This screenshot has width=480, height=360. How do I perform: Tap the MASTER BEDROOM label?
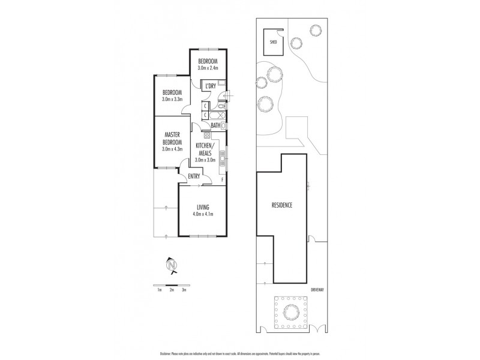click(x=172, y=139)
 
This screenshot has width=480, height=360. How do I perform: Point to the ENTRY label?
click(x=194, y=176)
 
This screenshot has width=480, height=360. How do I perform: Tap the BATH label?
click(x=215, y=125)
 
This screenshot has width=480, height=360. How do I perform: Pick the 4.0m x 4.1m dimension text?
click(x=202, y=214)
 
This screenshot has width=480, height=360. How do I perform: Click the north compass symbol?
click(x=172, y=265)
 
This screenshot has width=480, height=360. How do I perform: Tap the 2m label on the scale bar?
click(x=172, y=290)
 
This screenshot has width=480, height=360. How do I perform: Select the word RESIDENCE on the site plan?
click(x=281, y=205)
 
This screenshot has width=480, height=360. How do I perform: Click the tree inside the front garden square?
click(x=290, y=311)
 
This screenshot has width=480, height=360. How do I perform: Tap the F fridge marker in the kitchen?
click(x=222, y=179)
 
